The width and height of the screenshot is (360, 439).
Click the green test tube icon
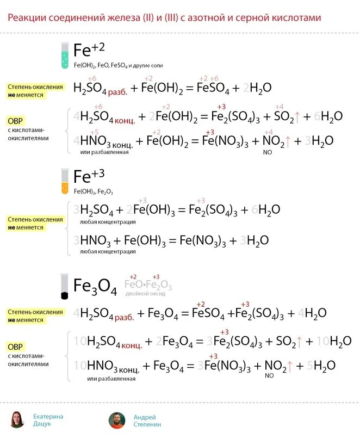point(65,55)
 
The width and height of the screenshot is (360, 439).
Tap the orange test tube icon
point(65,182)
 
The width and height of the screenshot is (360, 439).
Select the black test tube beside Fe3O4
point(65,286)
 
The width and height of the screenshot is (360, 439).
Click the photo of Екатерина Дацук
point(17,420)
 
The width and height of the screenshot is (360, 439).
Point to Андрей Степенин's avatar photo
point(116,420)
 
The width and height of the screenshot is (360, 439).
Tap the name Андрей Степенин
point(147,420)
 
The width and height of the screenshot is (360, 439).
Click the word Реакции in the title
point(27,18)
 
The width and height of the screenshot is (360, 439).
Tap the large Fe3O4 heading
point(95,286)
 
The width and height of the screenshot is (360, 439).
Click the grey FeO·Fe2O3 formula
point(148,285)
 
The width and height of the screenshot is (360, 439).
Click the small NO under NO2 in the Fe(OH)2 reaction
point(268,152)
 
